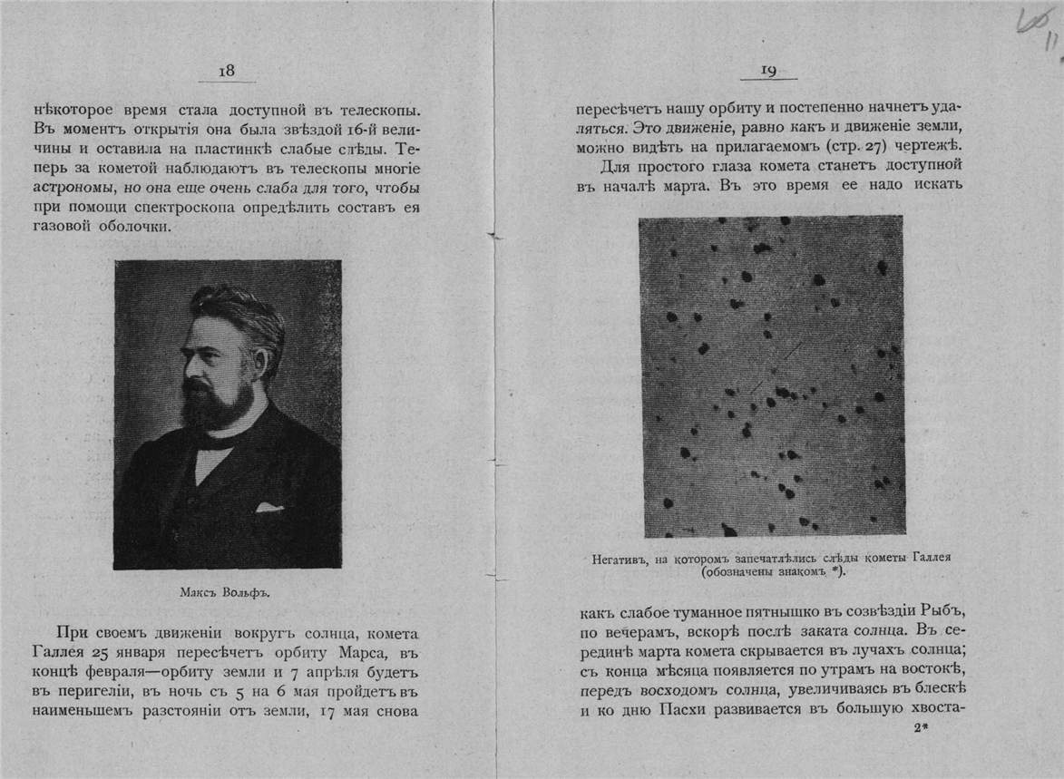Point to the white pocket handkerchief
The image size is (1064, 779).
click(269, 507)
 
